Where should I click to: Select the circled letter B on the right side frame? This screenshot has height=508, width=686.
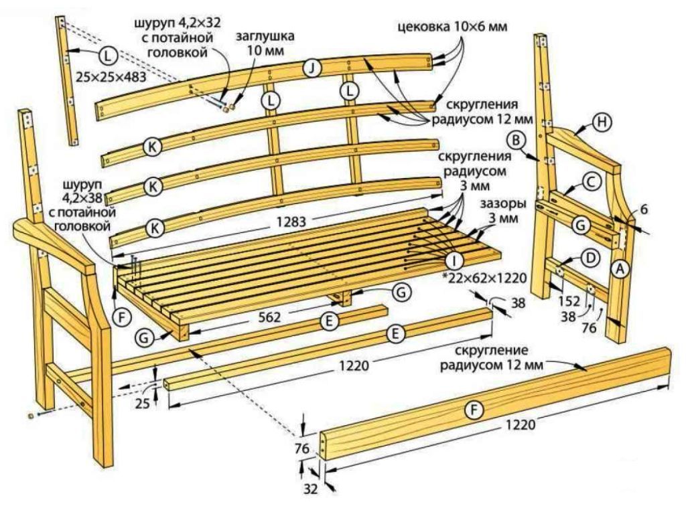coord(516,141)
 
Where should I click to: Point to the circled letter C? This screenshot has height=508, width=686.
coord(590,181)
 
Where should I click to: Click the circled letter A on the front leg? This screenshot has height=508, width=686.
coord(621,268)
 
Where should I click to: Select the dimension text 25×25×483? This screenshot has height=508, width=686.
coord(111,78)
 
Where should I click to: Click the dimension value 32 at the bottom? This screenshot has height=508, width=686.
coord(310,489)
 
